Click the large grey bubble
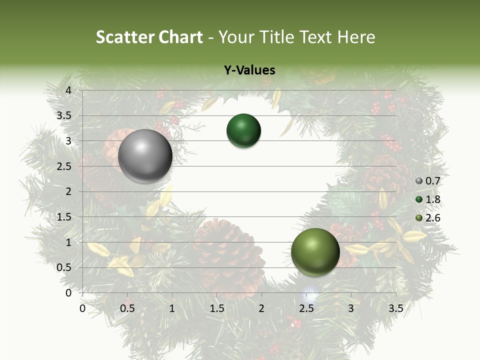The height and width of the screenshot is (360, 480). (x=145, y=155)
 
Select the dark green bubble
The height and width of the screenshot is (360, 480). (x=243, y=131)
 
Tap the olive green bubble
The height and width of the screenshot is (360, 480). (x=315, y=252)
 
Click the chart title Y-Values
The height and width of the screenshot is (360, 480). (x=249, y=70)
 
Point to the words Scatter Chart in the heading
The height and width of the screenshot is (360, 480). (x=149, y=37)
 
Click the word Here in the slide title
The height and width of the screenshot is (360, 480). (x=356, y=37)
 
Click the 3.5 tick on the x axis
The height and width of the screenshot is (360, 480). (x=395, y=308)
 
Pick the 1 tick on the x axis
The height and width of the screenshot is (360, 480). (x=172, y=308)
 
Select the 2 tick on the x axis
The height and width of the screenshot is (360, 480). (x=261, y=308)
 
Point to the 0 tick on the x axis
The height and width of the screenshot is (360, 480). (x=82, y=308)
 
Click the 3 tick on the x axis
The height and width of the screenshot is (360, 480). (x=351, y=308)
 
